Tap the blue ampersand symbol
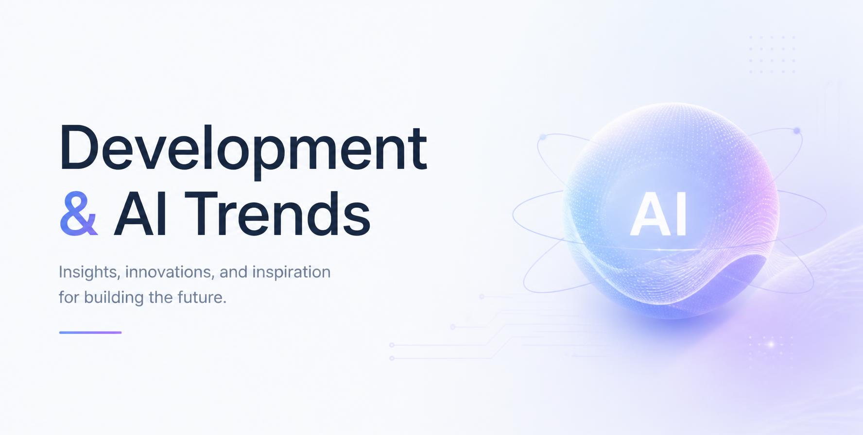tap(79, 213)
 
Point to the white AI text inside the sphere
tap(658, 214)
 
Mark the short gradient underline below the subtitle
tap(90, 333)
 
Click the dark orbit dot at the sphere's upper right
tap(796, 131)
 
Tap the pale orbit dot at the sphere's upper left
tap(543, 137)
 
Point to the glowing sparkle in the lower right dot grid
tap(771, 344)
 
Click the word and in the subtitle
tap(234, 272)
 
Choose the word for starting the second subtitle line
tap(69, 297)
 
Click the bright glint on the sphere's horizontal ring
tap(659, 250)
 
